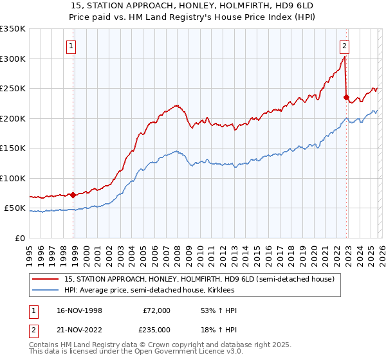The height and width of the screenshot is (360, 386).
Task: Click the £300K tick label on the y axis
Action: [x=13, y=59]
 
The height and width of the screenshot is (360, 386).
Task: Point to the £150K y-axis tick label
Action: [x=13, y=148]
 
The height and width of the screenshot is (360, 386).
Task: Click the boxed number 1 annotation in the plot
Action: [x=70, y=46]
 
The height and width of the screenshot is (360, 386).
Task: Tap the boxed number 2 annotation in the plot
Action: [x=345, y=46]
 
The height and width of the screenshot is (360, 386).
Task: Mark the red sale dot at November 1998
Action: [x=73, y=195]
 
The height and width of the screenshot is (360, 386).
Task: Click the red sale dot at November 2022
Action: [x=346, y=97]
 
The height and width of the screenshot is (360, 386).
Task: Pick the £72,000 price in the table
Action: [x=156, y=310]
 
